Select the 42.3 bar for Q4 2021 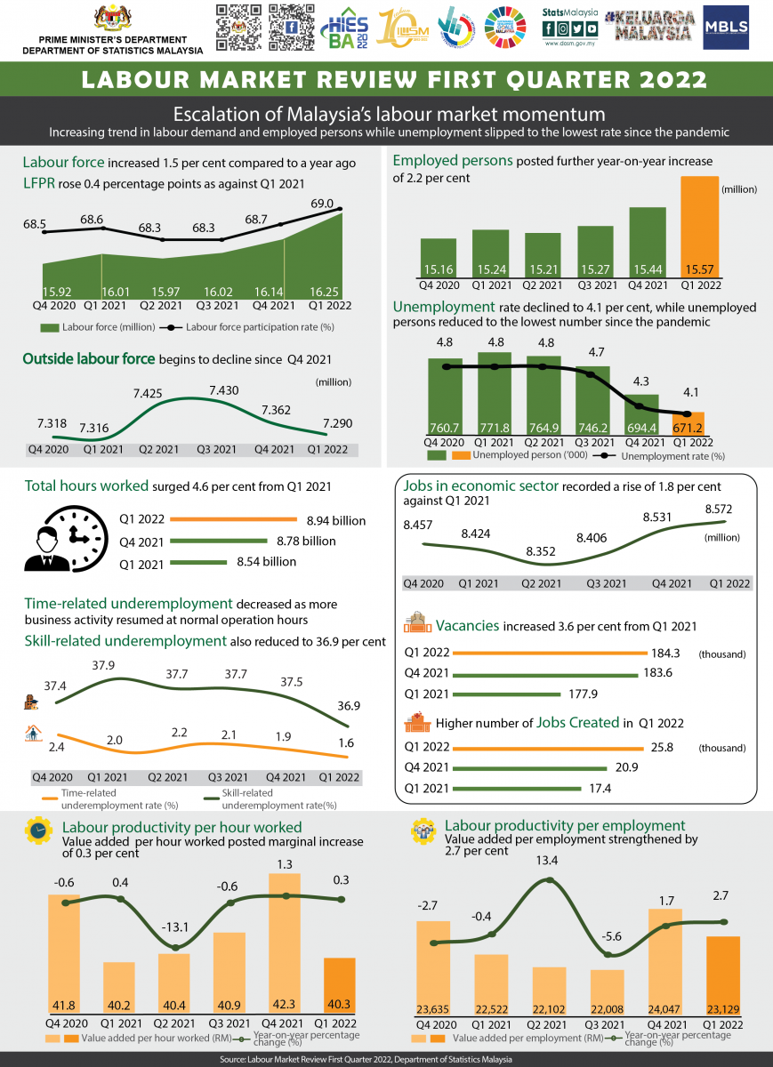(x=285, y=951)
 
